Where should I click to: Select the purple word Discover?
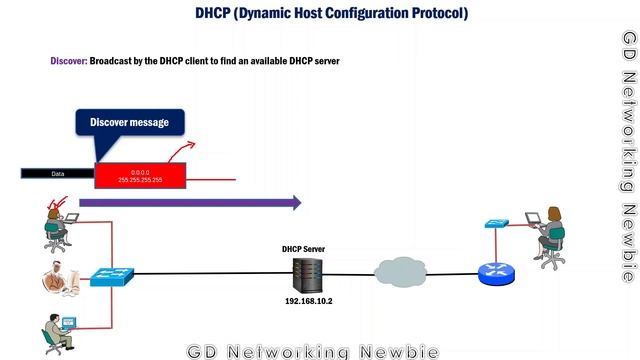68,61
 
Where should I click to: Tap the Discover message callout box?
130,123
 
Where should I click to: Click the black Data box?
57,173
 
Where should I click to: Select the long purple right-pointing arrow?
189,203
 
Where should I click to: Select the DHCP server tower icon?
305,273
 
